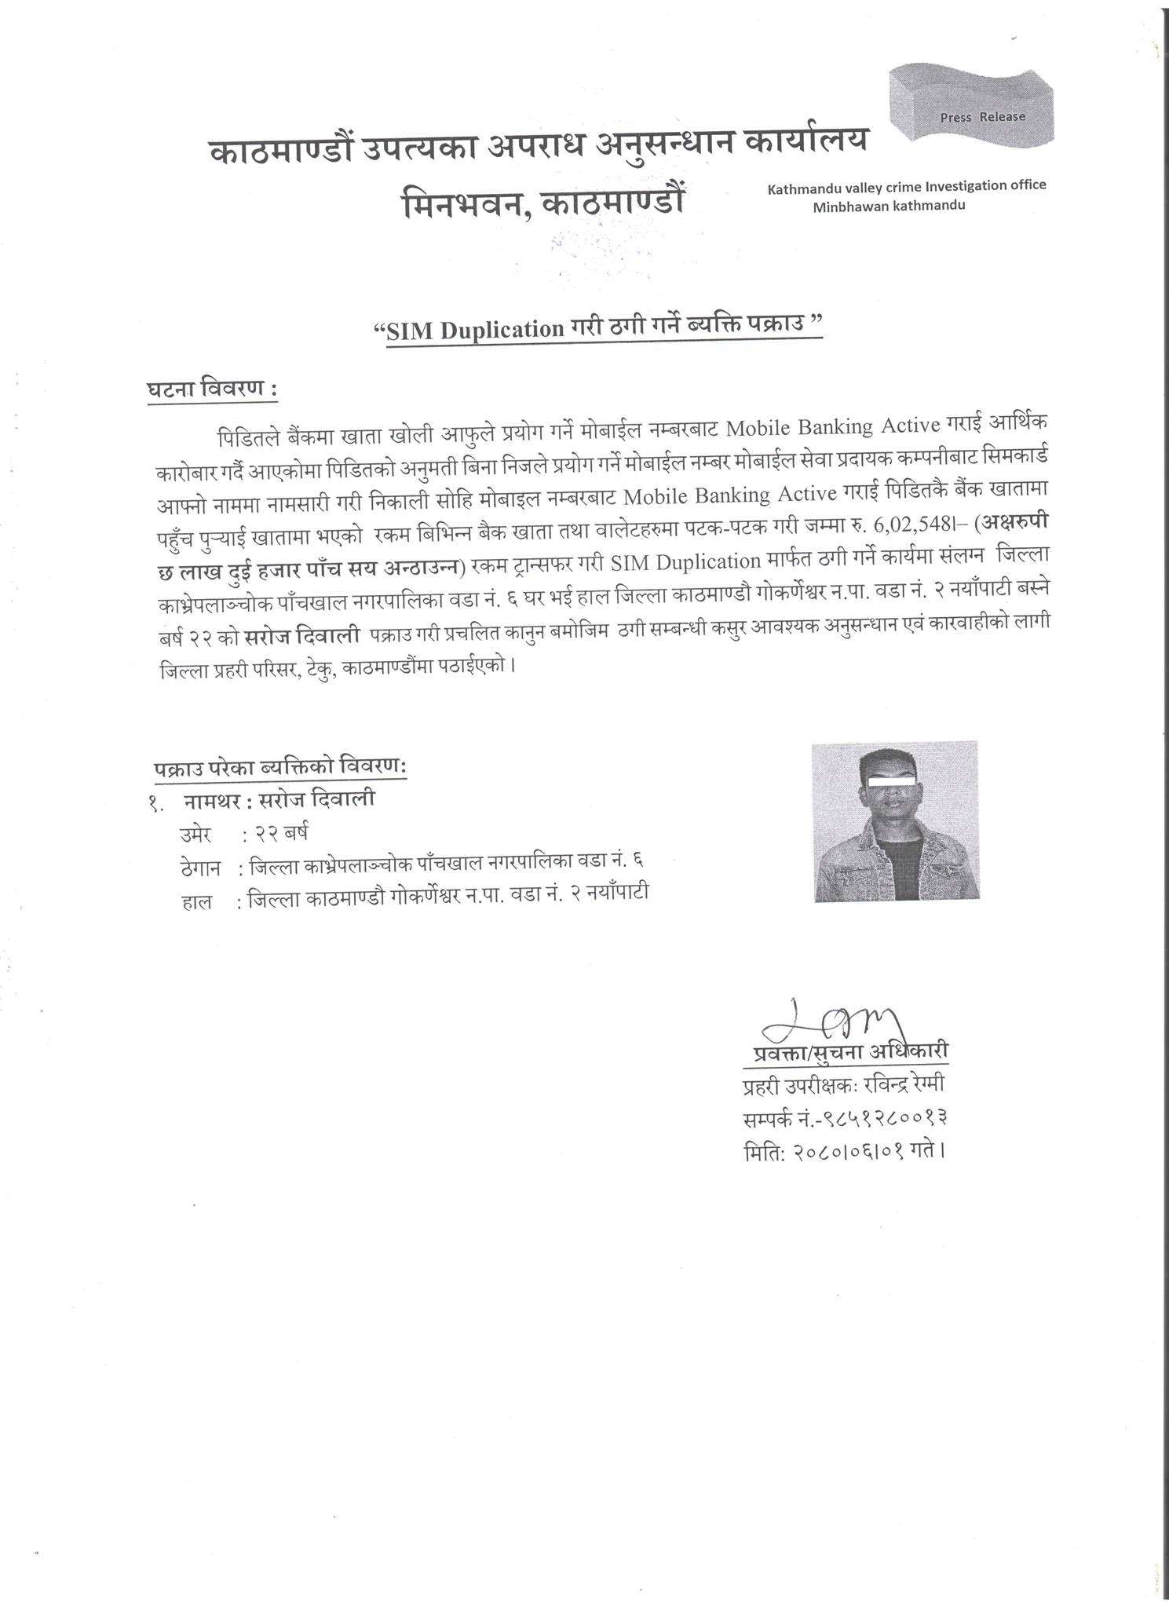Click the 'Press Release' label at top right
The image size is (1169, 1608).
tap(982, 117)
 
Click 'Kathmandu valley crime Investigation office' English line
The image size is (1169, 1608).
tap(907, 186)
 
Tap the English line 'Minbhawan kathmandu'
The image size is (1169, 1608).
tap(889, 205)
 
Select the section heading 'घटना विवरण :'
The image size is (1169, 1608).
tap(212, 389)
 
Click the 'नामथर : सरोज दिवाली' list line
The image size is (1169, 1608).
tap(279, 800)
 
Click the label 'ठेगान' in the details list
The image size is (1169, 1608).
tap(203, 868)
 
